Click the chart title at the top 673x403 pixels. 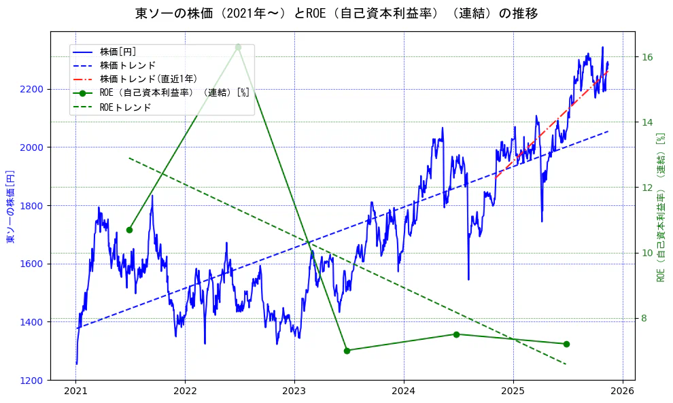point(336,14)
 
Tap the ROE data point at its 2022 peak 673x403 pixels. point(239,47)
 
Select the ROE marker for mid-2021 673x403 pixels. point(129,230)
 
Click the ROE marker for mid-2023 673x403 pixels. point(347,351)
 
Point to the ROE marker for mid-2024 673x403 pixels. point(456,334)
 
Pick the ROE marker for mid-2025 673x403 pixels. point(566,344)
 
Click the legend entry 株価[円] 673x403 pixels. point(118,52)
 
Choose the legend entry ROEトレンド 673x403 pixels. point(125,107)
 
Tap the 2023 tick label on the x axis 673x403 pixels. point(294,391)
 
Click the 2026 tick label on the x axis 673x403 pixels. point(622,391)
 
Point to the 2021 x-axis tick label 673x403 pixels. point(75,391)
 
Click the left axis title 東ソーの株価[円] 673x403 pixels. point(10,206)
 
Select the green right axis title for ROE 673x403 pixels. point(660,206)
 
